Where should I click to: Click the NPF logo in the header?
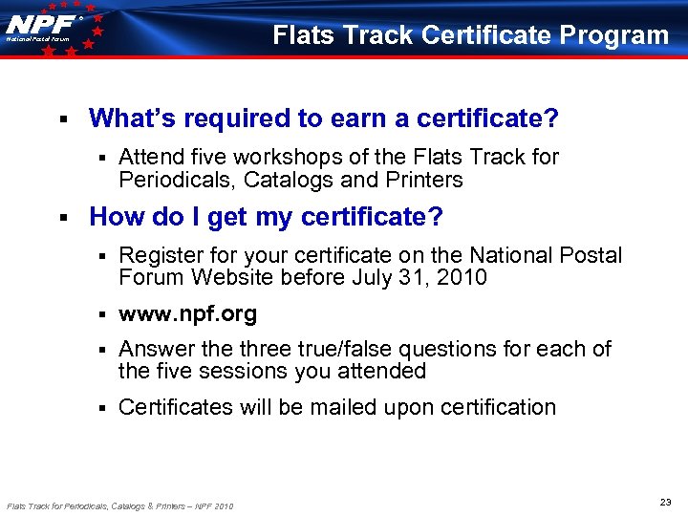[45, 26]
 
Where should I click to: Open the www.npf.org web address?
[187, 313]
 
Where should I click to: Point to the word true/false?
[350, 349]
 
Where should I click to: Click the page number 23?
[665, 502]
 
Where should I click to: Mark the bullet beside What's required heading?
[61, 119]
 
